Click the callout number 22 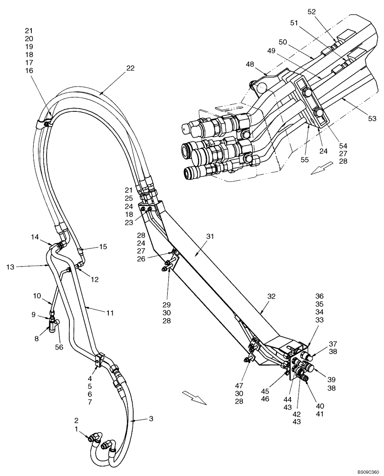point(131,68)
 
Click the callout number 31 point(211,236)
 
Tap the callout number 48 point(250,63)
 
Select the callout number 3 point(151,418)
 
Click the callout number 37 point(332,344)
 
